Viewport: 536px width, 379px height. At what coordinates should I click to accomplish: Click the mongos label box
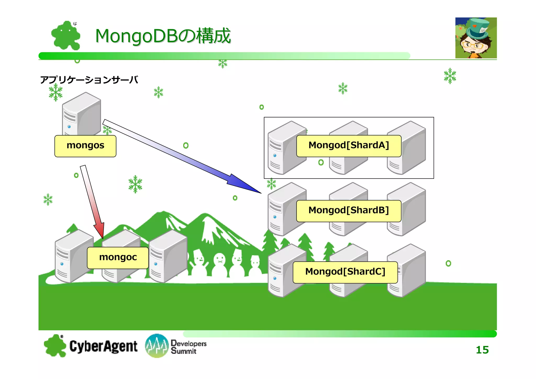click(85, 146)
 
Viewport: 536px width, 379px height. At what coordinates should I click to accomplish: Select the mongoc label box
click(118, 258)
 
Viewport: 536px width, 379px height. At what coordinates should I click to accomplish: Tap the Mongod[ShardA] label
click(349, 146)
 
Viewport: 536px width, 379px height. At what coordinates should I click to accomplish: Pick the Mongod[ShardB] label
click(349, 211)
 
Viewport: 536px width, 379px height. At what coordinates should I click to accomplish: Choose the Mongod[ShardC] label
click(345, 272)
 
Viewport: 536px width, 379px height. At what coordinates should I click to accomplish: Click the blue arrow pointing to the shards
click(183, 157)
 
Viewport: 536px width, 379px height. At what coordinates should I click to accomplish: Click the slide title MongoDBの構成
click(163, 36)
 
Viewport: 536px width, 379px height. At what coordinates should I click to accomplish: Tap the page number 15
click(482, 350)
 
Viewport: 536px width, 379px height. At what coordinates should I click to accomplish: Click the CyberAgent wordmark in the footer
click(103, 346)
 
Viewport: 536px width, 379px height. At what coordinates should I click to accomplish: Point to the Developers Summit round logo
click(157, 346)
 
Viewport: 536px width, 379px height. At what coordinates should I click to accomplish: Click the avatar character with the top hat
click(476, 38)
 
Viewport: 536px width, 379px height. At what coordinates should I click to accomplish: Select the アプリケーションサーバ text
click(89, 80)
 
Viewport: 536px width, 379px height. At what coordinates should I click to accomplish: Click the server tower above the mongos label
click(82, 114)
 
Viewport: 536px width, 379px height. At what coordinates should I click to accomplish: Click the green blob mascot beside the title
click(66, 36)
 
